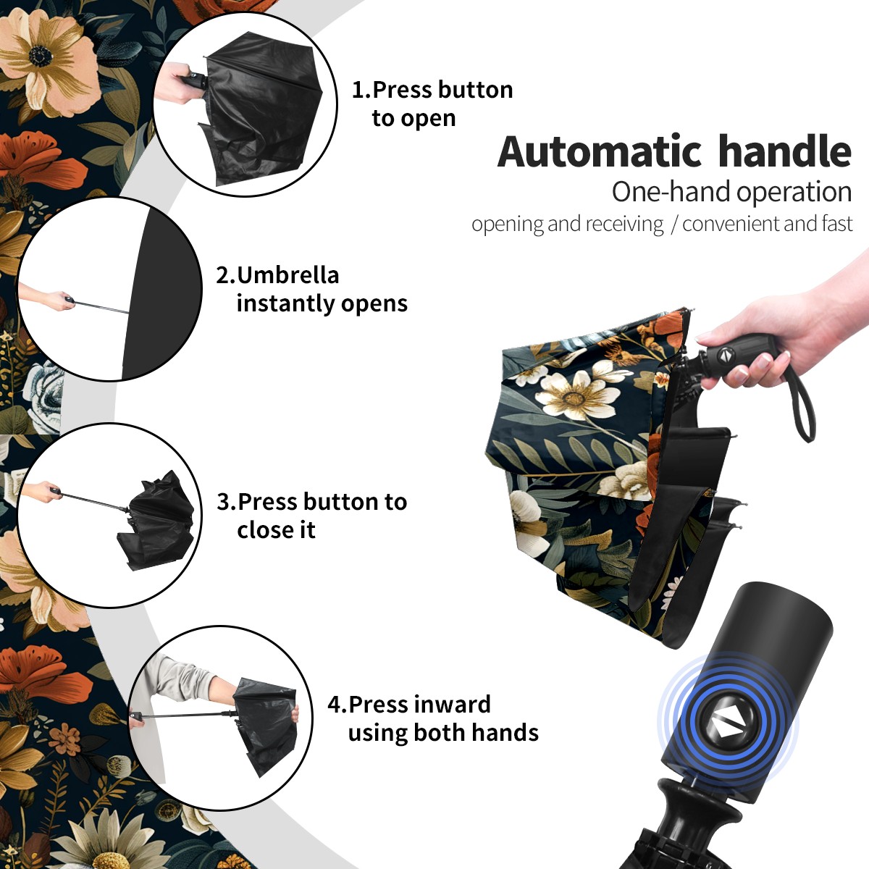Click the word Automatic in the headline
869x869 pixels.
tap(600, 152)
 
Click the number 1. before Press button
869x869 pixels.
tap(361, 90)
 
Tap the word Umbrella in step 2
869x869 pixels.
tap(287, 275)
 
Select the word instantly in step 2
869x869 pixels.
tap(286, 303)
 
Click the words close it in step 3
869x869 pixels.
tap(276, 529)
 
